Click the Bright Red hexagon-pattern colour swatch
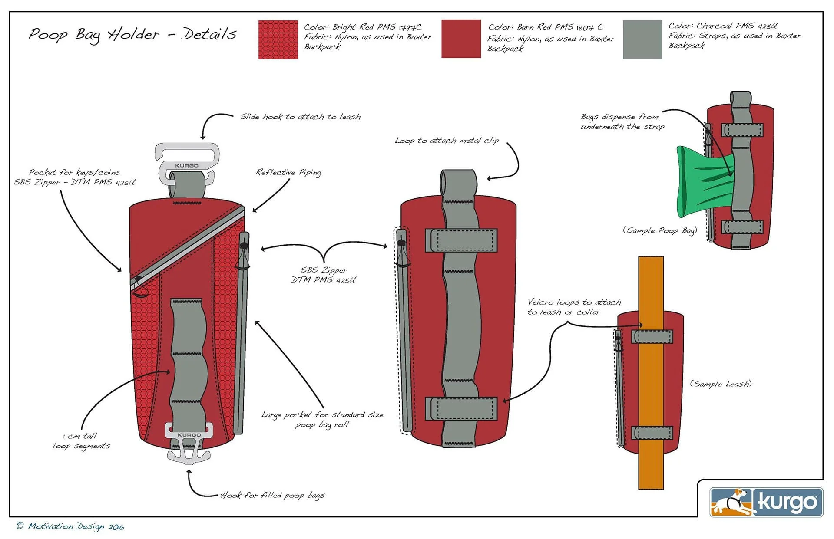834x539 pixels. tap(278, 39)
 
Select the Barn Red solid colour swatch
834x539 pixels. tap(461, 39)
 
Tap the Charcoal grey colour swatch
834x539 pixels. tap(642, 39)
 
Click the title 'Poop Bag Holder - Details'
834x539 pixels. tap(132, 34)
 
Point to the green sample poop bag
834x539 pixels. tap(699, 182)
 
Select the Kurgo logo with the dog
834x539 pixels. tap(766, 502)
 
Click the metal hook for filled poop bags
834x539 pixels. tap(189, 447)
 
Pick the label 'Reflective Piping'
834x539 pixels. tap(288, 173)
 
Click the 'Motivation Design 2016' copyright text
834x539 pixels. tap(70, 526)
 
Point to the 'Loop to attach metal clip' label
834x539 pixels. tap(447, 141)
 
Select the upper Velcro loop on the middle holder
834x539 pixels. tap(461, 240)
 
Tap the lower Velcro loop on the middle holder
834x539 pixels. tap(461, 408)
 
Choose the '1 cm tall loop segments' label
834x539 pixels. tap(81, 441)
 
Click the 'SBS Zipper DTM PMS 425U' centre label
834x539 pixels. tap(324, 275)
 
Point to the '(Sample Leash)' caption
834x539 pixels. tap(720, 384)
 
